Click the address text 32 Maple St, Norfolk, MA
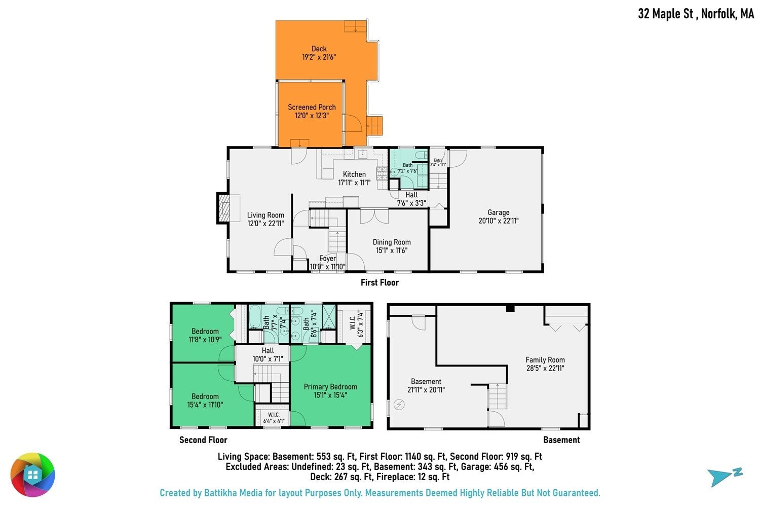696,14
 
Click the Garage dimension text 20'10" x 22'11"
499,221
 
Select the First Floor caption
379,282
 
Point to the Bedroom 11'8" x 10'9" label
205,335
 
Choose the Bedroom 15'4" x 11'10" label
205,401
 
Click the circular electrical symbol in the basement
399,405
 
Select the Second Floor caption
203,440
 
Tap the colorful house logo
32,475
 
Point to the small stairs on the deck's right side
374,126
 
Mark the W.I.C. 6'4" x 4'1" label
274,418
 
